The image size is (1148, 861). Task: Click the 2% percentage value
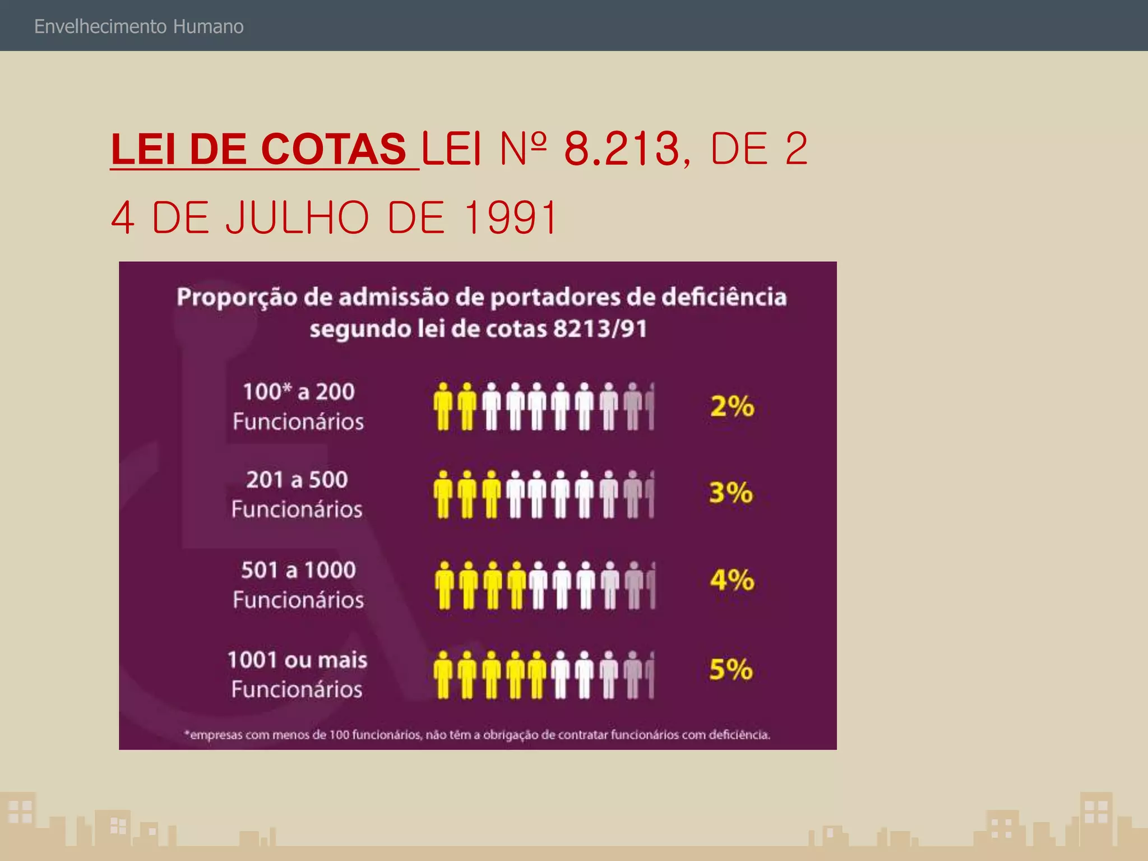[x=732, y=406]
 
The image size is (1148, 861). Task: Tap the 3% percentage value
[x=731, y=493]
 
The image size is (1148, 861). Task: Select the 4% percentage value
[x=732, y=580]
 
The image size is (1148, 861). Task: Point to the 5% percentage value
[x=731, y=669]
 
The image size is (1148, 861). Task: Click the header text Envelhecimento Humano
[x=139, y=26]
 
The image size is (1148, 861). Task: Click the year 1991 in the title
[x=511, y=217]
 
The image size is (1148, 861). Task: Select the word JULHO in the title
[x=298, y=217]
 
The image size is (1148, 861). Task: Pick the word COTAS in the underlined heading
[x=334, y=149]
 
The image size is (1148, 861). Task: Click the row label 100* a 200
[x=299, y=391]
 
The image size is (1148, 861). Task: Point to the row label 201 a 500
[x=297, y=479]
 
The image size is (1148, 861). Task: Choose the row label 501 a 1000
[x=299, y=570]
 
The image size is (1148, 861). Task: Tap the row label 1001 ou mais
[x=297, y=660]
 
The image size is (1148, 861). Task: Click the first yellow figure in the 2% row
[x=443, y=406]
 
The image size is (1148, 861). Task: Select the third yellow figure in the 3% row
[x=492, y=494]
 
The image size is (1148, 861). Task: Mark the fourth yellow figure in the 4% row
[x=516, y=585]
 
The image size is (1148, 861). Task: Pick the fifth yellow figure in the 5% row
[x=536, y=675]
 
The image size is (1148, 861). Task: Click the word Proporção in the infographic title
[x=237, y=297]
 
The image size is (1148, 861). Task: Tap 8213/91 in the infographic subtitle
[x=600, y=328]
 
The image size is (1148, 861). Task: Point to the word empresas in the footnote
[x=216, y=735]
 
